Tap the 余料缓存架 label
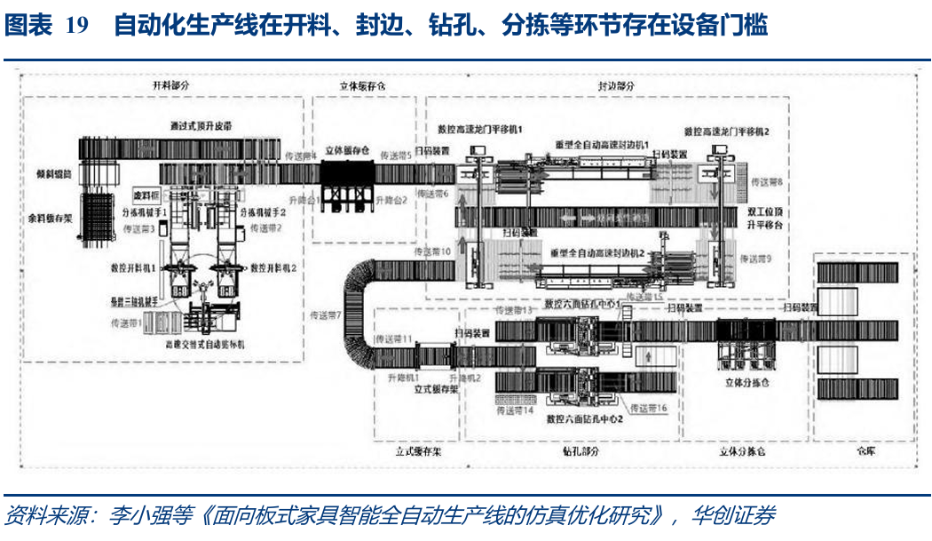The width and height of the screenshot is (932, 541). click(x=48, y=215)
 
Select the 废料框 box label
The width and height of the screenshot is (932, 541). click(x=144, y=194)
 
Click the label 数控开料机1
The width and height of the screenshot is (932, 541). click(x=134, y=267)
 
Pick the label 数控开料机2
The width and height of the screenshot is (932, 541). click(x=272, y=267)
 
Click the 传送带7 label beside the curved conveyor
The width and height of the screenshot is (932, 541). click(x=326, y=314)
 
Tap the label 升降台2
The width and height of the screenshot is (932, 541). click(x=391, y=200)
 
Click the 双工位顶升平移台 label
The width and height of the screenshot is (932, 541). click(x=766, y=219)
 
